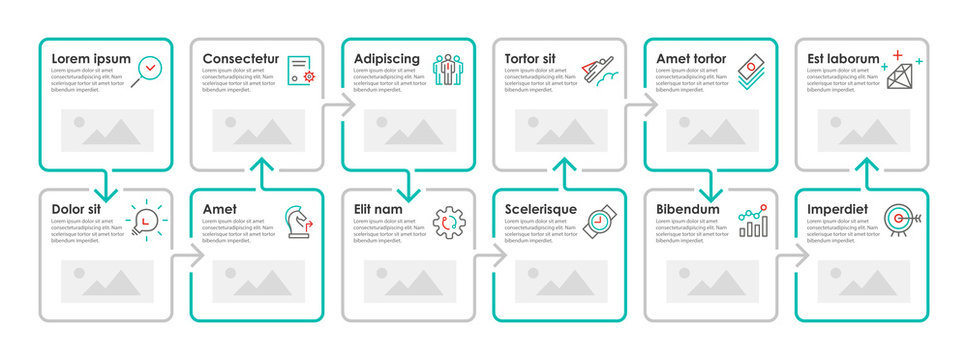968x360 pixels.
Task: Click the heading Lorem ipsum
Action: pyautogui.click(x=91, y=59)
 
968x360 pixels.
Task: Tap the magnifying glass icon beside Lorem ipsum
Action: pyautogui.click(x=149, y=68)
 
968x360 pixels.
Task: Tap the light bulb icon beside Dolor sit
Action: pyautogui.click(x=147, y=219)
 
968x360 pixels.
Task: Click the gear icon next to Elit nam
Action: pyautogui.click(x=448, y=221)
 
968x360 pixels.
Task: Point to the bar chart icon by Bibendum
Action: pyautogui.click(x=753, y=221)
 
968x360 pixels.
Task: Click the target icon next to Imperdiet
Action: pyautogui.click(x=902, y=219)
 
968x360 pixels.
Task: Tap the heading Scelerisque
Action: pyautogui.click(x=541, y=209)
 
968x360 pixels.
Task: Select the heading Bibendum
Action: pyautogui.click(x=689, y=209)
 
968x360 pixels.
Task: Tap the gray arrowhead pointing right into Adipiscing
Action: pyautogui.click(x=346, y=105)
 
